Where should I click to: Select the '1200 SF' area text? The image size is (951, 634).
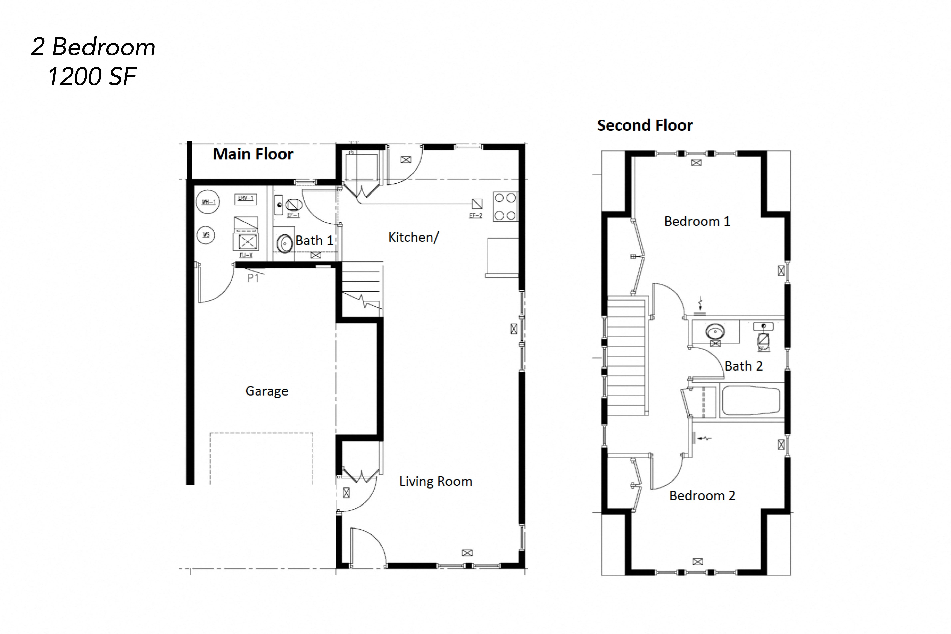click(x=92, y=76)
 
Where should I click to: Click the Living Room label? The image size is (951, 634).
click(x=435, y=481)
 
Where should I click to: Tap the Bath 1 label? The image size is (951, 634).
click(x=314, y=241)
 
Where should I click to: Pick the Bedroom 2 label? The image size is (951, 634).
click(x=702, y=496)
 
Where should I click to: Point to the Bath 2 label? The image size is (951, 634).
click(x=743, y=366)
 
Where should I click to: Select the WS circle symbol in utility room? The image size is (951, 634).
click(x=206, y=235)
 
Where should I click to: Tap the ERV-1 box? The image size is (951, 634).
click(x=245, y=199)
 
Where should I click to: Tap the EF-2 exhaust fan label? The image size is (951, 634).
click(x=475, y=216)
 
